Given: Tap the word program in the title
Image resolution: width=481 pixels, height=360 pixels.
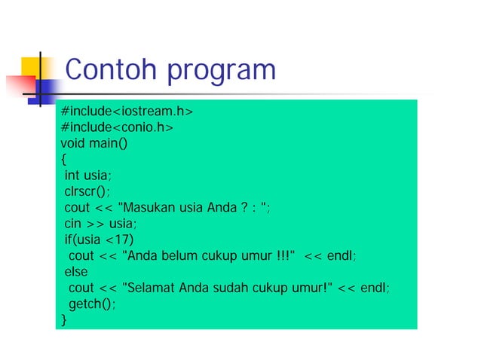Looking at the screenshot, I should [x=222, y=72].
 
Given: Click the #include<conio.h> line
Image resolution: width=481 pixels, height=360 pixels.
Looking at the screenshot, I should [x=117, y=128].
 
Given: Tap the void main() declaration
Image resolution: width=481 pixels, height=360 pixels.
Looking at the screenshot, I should [x=93, y=144].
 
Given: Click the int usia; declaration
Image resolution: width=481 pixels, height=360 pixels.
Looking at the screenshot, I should [x=87, y=175].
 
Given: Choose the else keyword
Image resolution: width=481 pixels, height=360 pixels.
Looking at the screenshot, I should [x=75, y=272].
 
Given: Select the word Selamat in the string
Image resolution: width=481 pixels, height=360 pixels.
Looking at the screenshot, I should [x=151, y=288].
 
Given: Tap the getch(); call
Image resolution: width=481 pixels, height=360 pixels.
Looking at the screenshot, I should [x=93, y=304].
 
